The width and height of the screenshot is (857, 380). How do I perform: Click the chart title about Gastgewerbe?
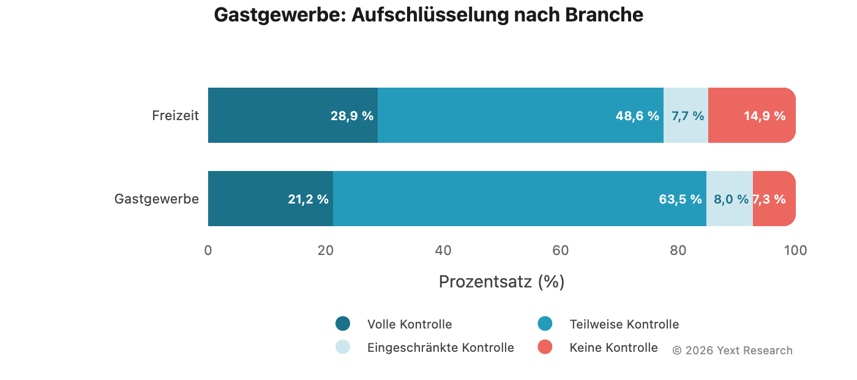tap(428, 15)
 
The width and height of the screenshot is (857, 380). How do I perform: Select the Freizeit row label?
tap(175, 115)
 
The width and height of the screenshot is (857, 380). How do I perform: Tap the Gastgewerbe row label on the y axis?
tap(157, 199)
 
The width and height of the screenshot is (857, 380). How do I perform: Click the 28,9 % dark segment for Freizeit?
tap(293, 115)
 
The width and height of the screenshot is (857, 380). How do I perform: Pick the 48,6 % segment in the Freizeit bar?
tap(520, 115)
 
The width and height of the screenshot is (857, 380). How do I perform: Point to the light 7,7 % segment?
tap(686, 115)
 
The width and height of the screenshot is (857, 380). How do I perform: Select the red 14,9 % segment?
tap(752, 115)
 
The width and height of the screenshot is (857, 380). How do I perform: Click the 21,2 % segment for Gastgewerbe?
tap(271, 199)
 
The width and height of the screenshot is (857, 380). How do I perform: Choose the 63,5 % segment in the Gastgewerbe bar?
tap(519, 199)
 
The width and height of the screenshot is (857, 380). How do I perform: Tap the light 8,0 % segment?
tap(729, 199)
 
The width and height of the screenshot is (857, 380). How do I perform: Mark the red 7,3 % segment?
tap(774, 199)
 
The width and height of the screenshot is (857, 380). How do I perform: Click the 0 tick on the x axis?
tap(208, 250)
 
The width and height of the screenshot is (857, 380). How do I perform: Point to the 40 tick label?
tap(443, 250)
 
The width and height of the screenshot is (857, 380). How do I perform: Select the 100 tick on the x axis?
tap(795, 250)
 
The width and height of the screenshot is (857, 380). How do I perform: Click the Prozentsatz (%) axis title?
tap(501, 281)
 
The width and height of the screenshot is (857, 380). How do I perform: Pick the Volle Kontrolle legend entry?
tap(409, 324)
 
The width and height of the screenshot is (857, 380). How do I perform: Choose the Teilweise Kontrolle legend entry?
tap(624, 324)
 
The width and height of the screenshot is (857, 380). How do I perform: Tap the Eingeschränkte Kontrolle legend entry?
tap(440, 348)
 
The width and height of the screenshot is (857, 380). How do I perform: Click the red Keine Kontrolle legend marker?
tap(545, 347)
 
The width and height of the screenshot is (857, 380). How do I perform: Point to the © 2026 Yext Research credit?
tap(732, 351)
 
